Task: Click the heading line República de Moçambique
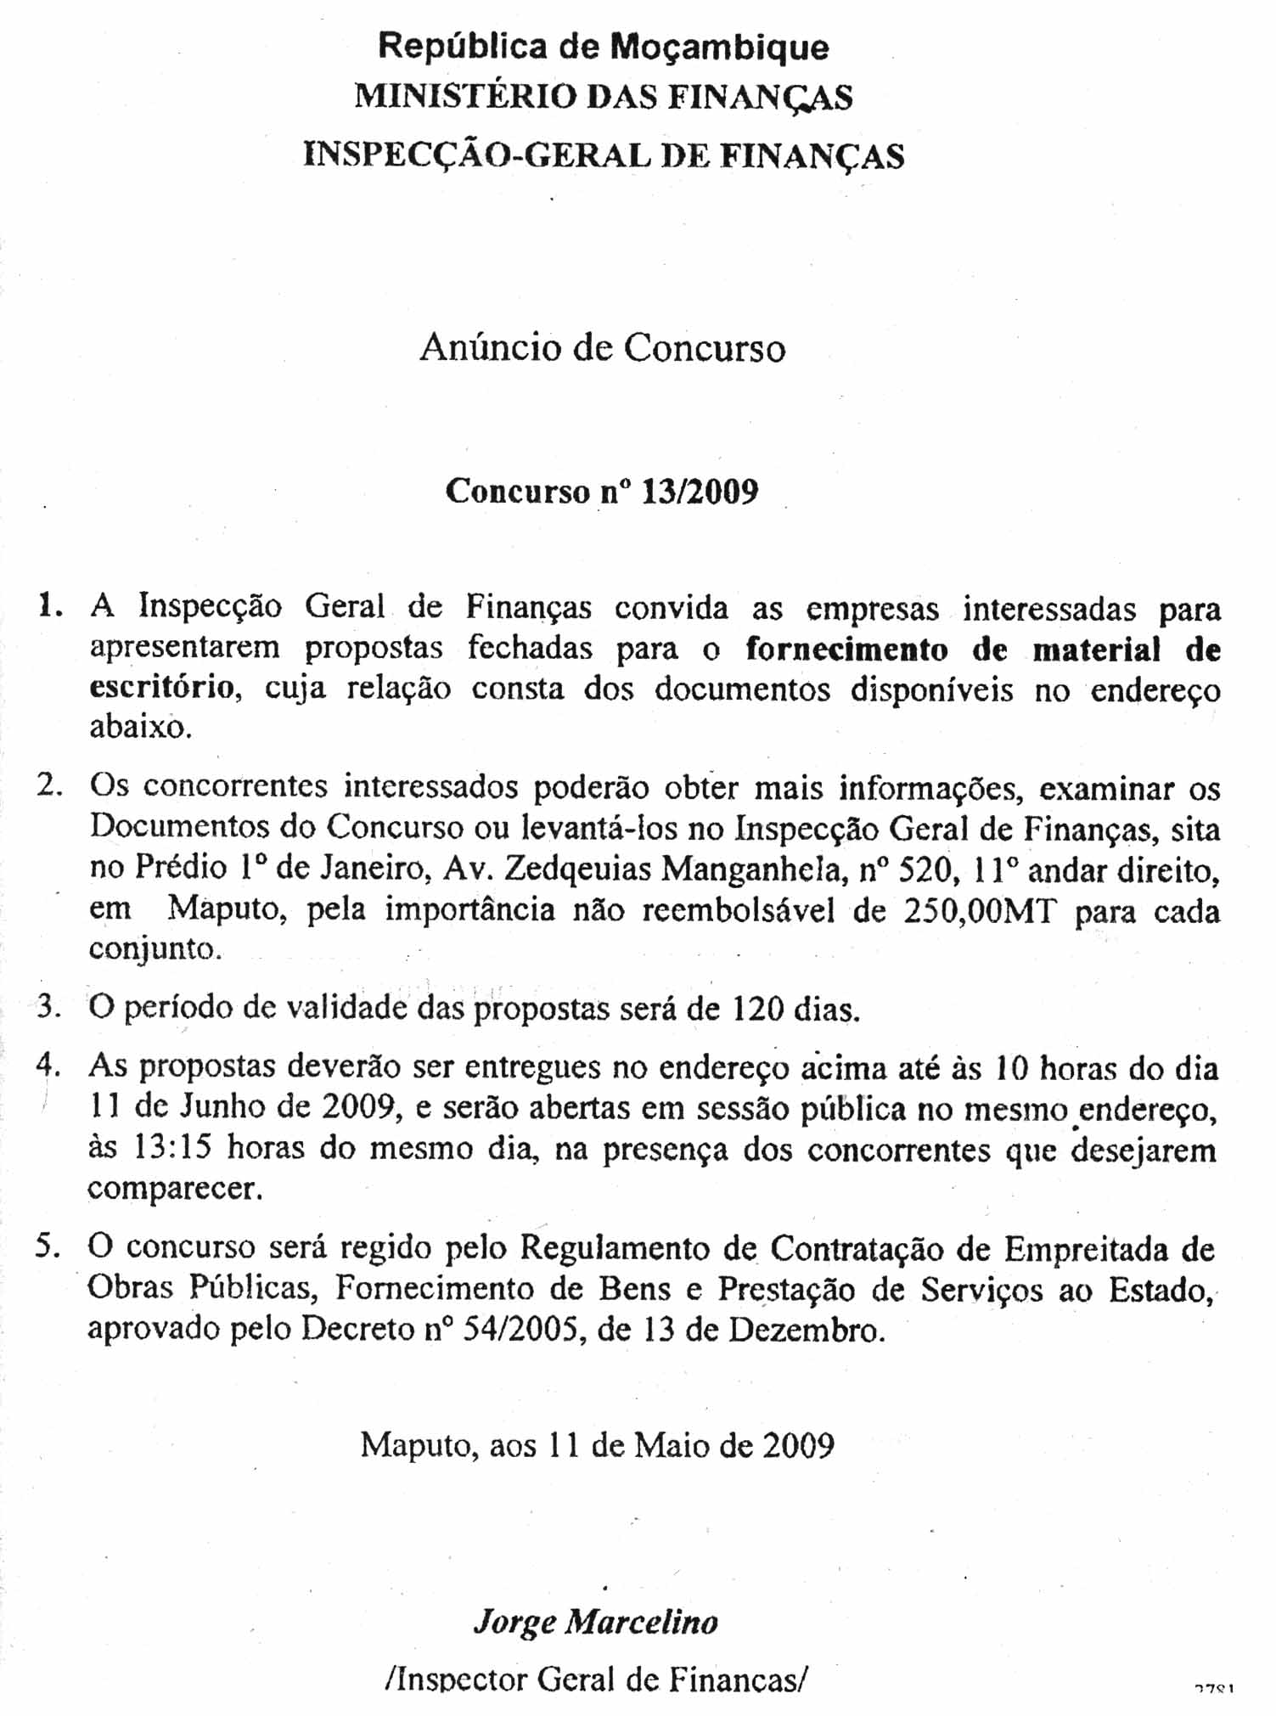click(x=603, y=46)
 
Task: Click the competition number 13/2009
click(x=700, y=492)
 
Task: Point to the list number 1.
click(x=48, y=606)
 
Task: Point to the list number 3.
click(x=48, y=1008)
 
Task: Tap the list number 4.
click(x=48, y=1066)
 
